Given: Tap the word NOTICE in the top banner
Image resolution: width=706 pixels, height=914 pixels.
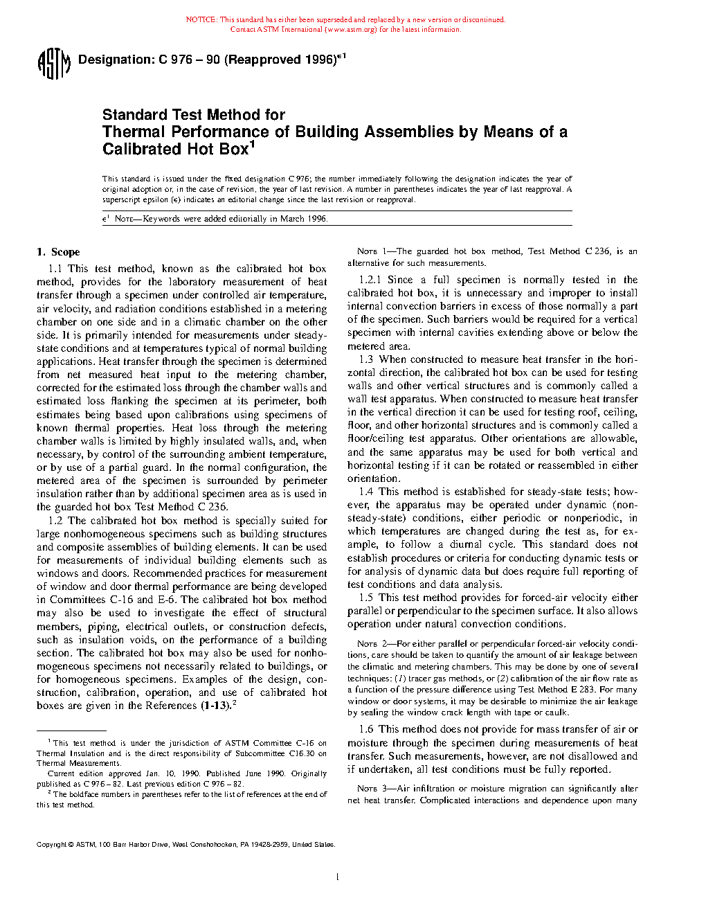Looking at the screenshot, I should [201, 20].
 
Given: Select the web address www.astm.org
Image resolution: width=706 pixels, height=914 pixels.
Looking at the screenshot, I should [350, 30].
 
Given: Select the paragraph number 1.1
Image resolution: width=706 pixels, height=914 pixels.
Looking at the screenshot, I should [55, 269].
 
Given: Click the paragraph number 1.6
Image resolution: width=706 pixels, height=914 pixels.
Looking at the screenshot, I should [366, 729].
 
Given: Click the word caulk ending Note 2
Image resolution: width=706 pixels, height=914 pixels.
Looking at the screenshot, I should [556, 713].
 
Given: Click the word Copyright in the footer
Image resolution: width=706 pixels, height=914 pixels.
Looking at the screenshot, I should [51, 845].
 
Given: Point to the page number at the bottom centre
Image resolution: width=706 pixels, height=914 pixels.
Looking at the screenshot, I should [336, 877].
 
